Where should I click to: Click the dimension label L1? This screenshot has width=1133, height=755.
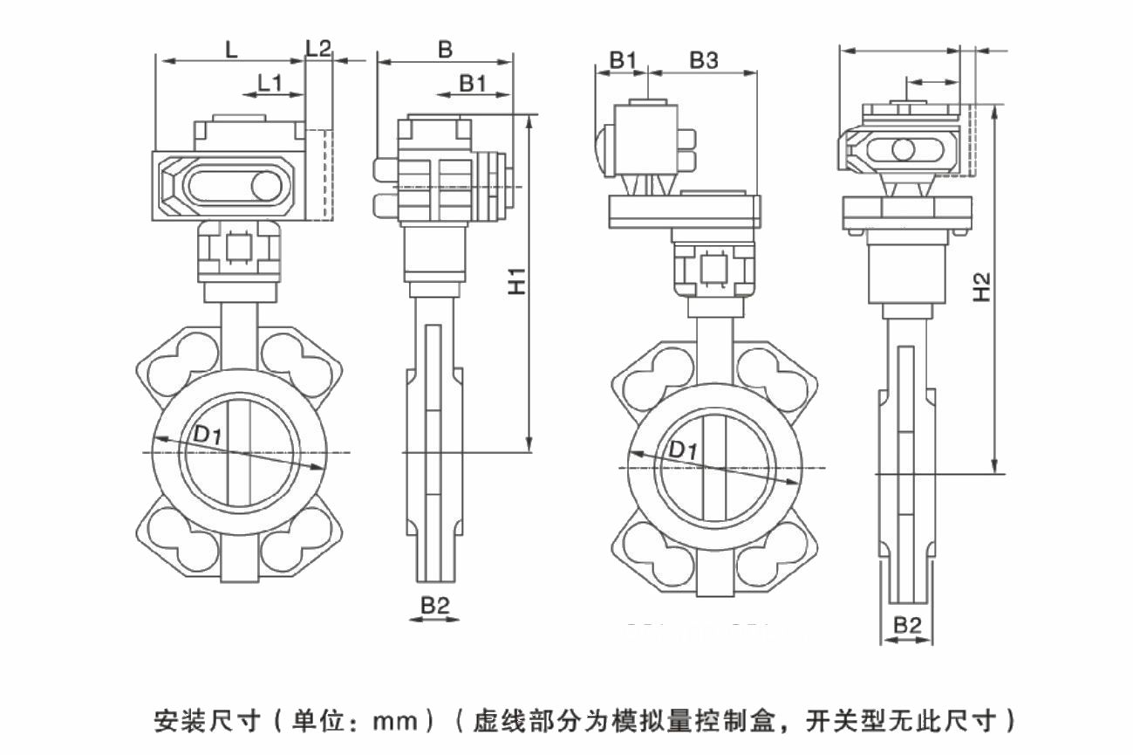(x=269, y=84)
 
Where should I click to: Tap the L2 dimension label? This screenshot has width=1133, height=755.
(x=319, y=49)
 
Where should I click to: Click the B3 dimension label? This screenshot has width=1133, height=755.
(x=704, y=60)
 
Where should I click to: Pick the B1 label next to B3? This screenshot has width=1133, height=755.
(x=623, y=60)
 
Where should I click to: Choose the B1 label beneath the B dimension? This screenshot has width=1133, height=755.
(x=473, y=83)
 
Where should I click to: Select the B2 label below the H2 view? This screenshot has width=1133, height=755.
(x=907, y=625)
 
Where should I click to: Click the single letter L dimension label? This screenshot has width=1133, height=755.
(x=231, y=50)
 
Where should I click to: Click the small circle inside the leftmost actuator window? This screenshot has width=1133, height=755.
(x=263, y=186)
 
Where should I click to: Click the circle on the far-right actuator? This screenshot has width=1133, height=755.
(x=904, y=149)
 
